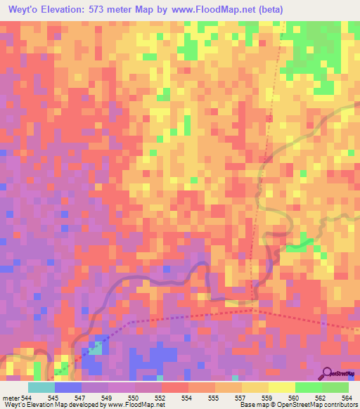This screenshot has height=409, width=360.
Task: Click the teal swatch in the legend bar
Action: (x=41, y=387)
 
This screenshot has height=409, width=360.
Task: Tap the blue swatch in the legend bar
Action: (x=68, y=387)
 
